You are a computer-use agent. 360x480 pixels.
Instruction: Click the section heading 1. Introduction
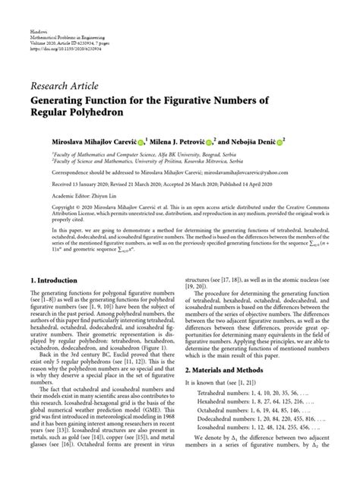point(55,259)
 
